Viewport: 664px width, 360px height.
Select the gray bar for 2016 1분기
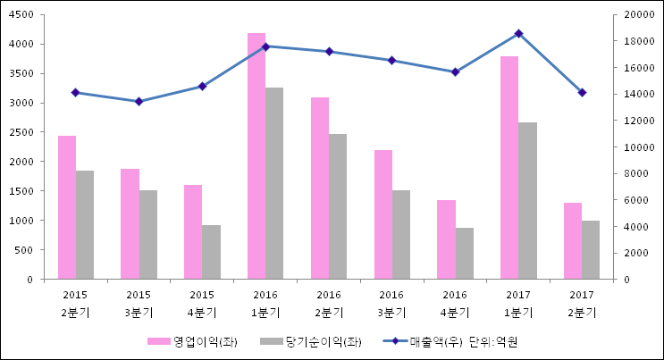click(x=274, y=183)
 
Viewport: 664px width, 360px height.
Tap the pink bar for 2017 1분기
click(x=509, y=168)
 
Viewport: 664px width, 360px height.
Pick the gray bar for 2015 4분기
click(x=211, y=252)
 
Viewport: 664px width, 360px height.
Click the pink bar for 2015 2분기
click(x=67, y=207)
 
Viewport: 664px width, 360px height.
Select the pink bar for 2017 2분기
click(x=573, y=241)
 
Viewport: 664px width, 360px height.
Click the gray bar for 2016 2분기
click(x=338, y=206)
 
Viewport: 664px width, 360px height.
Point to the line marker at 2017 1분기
click(x=518, y=34)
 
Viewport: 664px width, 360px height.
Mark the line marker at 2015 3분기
click(x=139, y=101)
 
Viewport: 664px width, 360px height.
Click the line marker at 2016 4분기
click(x=455, y=72)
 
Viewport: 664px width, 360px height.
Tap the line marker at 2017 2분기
click(x=582, y=93)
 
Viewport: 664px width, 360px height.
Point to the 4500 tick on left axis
click(x=22, y=15)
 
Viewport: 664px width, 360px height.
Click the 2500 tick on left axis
click(x=22, y=132)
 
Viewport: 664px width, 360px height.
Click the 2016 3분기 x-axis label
click(x=391, y=304)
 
